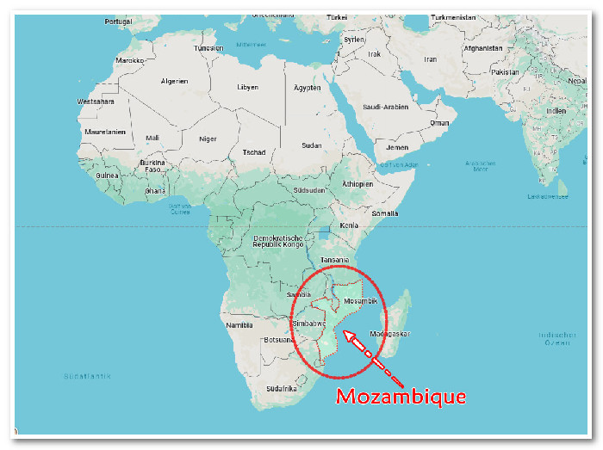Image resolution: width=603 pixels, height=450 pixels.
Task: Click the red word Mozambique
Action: [401, 397]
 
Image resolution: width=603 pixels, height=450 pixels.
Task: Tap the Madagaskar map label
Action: [390, 334]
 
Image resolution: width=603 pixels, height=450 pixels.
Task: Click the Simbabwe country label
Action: [309, 324]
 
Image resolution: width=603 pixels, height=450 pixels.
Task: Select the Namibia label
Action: [239, 325]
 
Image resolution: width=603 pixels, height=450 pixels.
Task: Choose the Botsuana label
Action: [279, 339]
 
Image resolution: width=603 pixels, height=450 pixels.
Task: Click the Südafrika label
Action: [282, 388]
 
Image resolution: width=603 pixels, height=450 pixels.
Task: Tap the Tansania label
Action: [335, 260]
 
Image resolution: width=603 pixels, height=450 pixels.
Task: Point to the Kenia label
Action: [349, 225]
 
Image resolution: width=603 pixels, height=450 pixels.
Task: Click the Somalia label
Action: [385, 213]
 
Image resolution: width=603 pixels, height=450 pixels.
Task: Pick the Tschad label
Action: [254, 152]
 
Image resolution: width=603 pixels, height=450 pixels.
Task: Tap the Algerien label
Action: [175, 82]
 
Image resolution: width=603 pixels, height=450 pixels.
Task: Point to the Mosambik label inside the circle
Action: [360, 301]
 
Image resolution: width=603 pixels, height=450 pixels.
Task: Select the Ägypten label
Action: [308, 88]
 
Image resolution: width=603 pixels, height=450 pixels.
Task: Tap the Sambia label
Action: [298, 293]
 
